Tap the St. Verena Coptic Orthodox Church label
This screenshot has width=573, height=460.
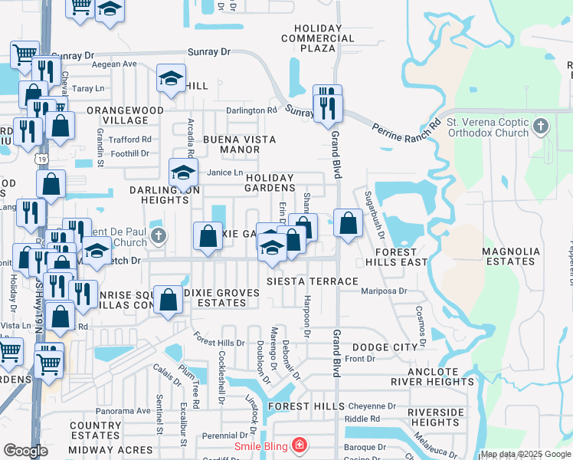click(x=488, y=127)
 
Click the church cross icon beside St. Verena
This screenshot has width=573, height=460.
click(x=541, y=125)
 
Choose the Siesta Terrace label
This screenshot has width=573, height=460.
click(x=312, y=281)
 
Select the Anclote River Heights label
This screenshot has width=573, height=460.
click(x=432, y=376)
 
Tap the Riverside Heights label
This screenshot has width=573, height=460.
click(x=434, y=417)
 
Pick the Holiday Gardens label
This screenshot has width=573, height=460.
click(x=269, y=182)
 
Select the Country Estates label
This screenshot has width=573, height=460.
click(x=95, y=430)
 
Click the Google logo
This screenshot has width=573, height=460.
click(x=25, y=451)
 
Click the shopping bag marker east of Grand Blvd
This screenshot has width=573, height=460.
click(x=349, y=224)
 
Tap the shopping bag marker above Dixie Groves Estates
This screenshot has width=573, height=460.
click(x=168, y=300)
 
